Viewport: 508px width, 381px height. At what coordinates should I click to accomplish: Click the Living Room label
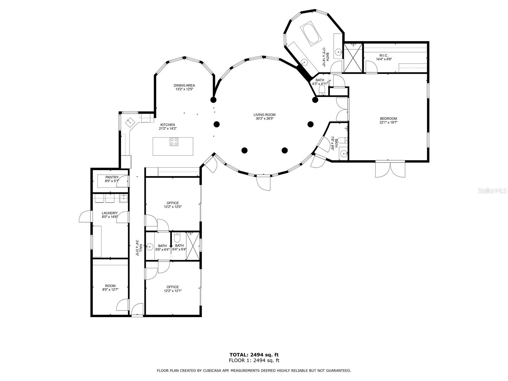264,115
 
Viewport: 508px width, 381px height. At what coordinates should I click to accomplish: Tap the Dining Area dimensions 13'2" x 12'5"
184,90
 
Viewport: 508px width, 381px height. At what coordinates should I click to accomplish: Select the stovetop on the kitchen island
174,142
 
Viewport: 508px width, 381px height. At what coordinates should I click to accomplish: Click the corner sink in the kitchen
130,121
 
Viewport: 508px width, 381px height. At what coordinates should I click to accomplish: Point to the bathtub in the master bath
310,33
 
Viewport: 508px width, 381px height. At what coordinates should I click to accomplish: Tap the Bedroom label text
388,118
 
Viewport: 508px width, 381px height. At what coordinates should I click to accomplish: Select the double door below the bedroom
390,169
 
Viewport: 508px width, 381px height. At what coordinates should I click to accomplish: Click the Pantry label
112,177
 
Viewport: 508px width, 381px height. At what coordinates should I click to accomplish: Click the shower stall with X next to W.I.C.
353,58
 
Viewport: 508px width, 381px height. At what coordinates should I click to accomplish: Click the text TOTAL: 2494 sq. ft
254,355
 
